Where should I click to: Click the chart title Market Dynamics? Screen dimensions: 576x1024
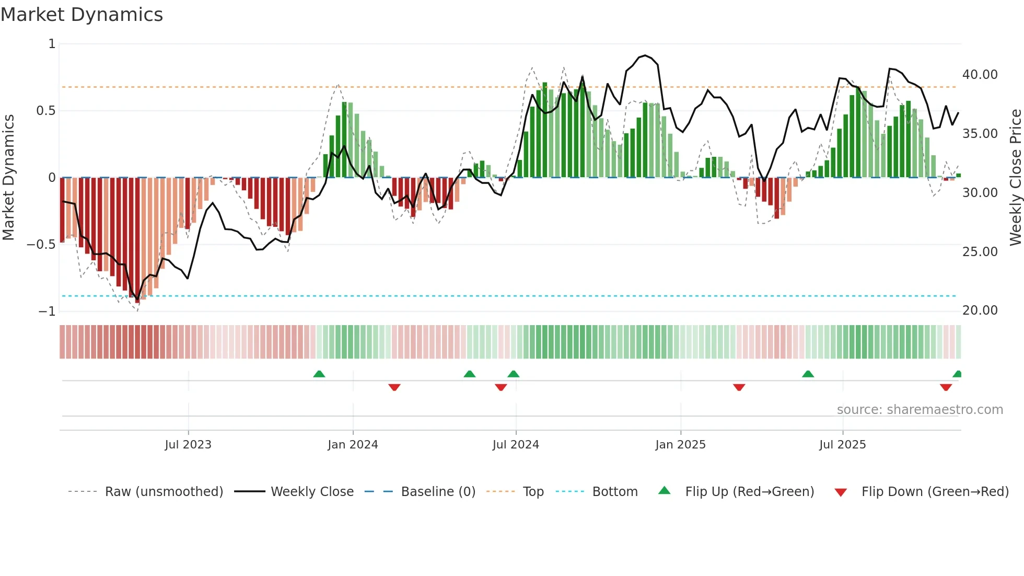82,15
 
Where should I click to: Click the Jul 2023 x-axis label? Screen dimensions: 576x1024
188,445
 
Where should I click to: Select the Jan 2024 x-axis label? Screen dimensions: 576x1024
353,445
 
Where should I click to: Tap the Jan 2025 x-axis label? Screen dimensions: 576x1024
680,445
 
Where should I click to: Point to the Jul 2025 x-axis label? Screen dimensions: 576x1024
842,445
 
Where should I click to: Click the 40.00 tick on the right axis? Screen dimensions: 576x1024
980,75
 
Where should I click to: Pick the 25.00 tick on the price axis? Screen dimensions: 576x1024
980,252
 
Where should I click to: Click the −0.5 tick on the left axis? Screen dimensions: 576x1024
41,245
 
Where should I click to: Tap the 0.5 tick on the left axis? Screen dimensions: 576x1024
45,111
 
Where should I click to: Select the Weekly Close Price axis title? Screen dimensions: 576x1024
1015,178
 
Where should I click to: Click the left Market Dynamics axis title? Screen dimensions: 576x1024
8,178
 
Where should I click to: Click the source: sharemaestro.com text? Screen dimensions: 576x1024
920,410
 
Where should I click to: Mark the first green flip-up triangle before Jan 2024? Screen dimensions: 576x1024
319,374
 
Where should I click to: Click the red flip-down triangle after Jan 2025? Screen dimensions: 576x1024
739,387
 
